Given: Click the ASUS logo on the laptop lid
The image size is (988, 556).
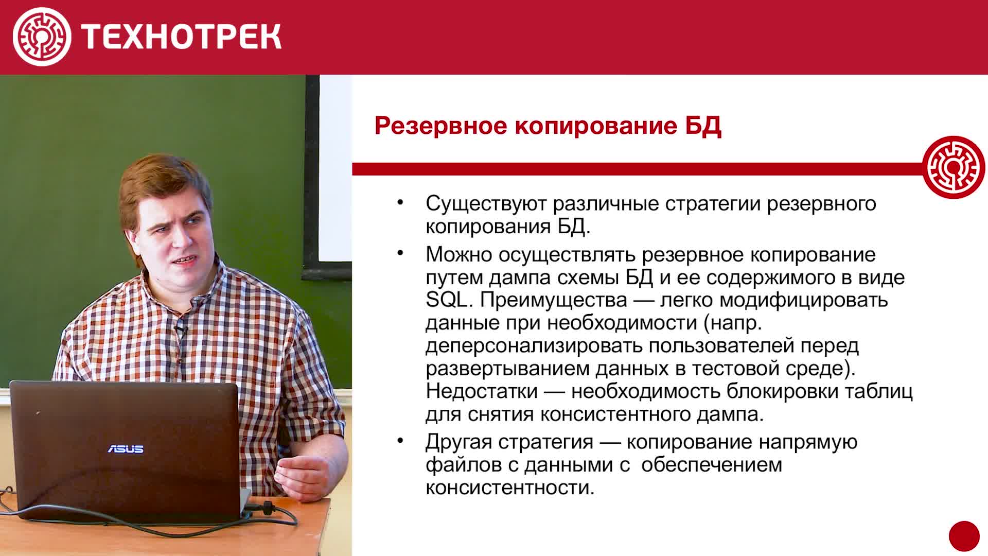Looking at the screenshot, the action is click(x=126, y=449).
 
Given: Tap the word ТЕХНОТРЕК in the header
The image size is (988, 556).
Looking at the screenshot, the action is click(x=181, y=37).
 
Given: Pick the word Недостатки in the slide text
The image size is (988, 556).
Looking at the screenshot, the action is click(x=481, y=391).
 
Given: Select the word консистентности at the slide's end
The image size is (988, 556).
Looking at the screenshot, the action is click(x=510, y=488).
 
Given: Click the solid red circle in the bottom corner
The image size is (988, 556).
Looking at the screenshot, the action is click(x=964, y=536).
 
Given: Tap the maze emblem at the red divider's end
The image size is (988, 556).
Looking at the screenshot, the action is click(x=954, y=167).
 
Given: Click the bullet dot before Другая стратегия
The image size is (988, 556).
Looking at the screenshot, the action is click(x=400, y=441).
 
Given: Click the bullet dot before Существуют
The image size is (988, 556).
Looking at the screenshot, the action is click(x=400, y=202).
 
